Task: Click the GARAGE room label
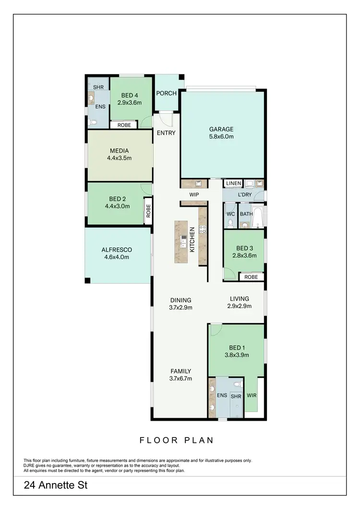tap(221, 129)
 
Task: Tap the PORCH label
tap(167, 93)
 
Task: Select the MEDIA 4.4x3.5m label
tap(120, 151)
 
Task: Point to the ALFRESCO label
tap(117, 249)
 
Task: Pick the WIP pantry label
tap(194, 195)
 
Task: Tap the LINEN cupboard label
tap(234, 184)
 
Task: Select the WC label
tap(230, 214)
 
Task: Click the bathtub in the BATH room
tap(258, 217)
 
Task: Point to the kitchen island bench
tap(181, 241)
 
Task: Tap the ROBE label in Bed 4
tap(124, 125)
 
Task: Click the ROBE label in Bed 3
tap(251, 277)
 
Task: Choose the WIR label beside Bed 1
tap(252, 396)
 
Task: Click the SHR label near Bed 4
tap(99, 87)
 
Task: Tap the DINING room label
tap(180, 300)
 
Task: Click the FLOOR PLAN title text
tap(176, 440)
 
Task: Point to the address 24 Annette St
tap(56, 485)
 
